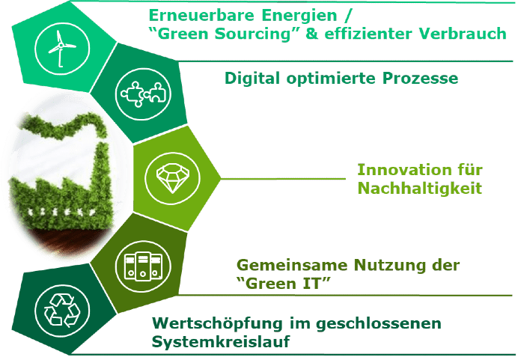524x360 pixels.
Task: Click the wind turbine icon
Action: point(61,49)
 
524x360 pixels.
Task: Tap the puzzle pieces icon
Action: point(143,94)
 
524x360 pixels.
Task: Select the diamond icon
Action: point(172,178)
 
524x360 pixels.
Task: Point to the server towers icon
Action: point(143,266)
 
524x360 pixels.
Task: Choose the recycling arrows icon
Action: point(62,311)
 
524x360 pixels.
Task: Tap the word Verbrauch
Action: point(463,34)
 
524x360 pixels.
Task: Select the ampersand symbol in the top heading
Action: point(312,34)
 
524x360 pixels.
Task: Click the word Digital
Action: point(252,79)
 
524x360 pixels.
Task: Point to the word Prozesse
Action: point(420,79)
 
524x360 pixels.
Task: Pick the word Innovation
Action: point(400,170)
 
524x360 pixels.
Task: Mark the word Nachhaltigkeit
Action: point(420,188)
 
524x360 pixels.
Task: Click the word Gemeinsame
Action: point(292,265)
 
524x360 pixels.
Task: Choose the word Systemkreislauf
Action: point(221,342)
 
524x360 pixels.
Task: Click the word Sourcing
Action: point(253,34)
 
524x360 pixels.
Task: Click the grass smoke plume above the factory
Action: point(64,127)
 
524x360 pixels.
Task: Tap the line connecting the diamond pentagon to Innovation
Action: point(283,178)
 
